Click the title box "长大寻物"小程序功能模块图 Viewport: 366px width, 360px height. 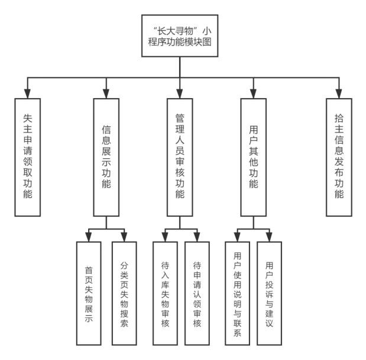(x=180, y=35)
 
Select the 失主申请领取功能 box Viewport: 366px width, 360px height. (x=28, y=156)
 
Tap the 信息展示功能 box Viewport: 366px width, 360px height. (x=106, y=156)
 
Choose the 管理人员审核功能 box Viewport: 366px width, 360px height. (x=180, y=156)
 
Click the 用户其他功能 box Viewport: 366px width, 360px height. (x=254, y=156)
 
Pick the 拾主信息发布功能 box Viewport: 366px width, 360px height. (x=339, y=156)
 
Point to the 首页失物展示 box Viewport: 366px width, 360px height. (x=89, y=293)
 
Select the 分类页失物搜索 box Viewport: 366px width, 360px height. (x=124, y=293)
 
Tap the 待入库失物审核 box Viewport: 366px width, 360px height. (x=165, y=293)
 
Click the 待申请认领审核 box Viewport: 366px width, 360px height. (x=197, y=293)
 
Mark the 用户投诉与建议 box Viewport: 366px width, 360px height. (x=270, y=293)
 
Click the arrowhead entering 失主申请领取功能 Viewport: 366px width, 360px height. (x=28, y=93)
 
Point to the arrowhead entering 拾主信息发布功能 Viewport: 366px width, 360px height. (x=339, y=93)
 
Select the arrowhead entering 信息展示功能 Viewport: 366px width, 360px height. (x=106, y=93)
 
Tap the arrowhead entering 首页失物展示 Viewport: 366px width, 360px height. (x=89, y=237)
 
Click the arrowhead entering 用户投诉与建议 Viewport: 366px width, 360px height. (x=270, y=237)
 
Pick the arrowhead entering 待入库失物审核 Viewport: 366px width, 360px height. (x=165, y=237)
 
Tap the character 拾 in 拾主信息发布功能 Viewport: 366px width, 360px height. (x=339, y=116)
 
